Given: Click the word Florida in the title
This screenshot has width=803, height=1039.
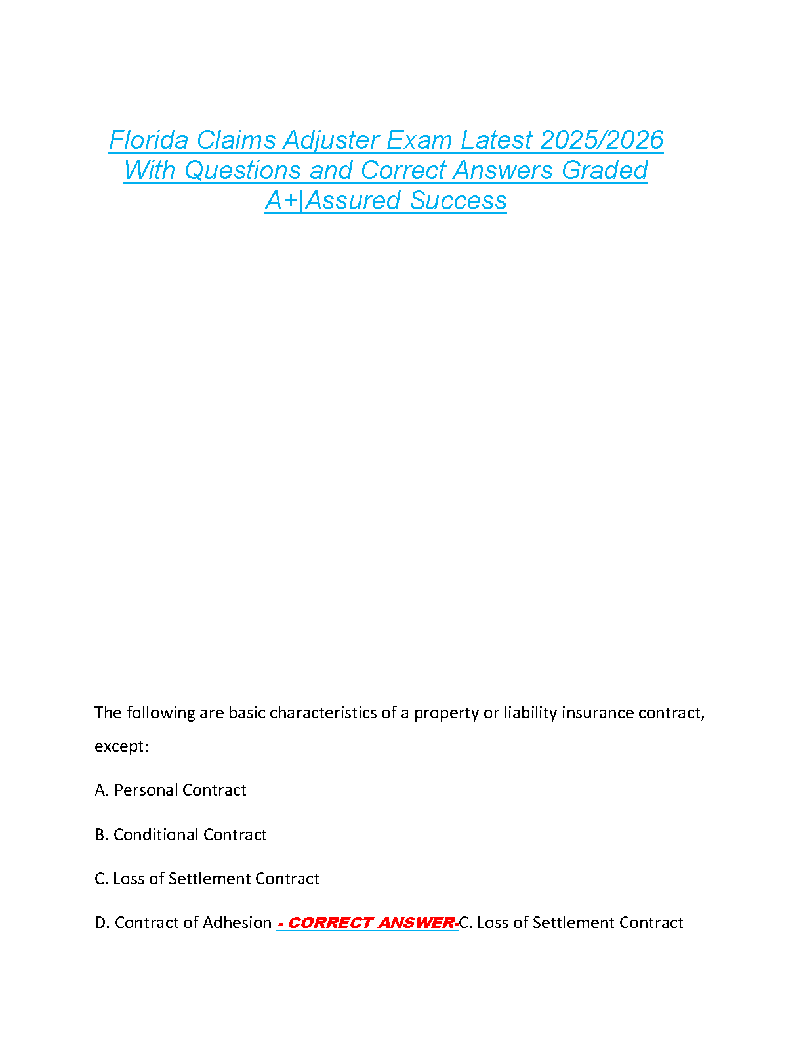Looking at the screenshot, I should tap(149, 140).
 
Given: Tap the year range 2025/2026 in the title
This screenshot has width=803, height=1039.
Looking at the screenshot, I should tap(603, 140).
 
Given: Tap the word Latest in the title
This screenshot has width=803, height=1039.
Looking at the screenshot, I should tap(497, 140).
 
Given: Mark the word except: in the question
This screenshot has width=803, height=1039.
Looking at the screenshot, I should tap(122, 746).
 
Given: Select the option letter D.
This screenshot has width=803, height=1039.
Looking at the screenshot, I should tap(101, 923).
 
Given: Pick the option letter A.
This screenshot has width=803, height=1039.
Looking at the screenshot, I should tap(101, 790).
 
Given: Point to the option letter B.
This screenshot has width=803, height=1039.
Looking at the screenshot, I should tap(101, 835).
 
